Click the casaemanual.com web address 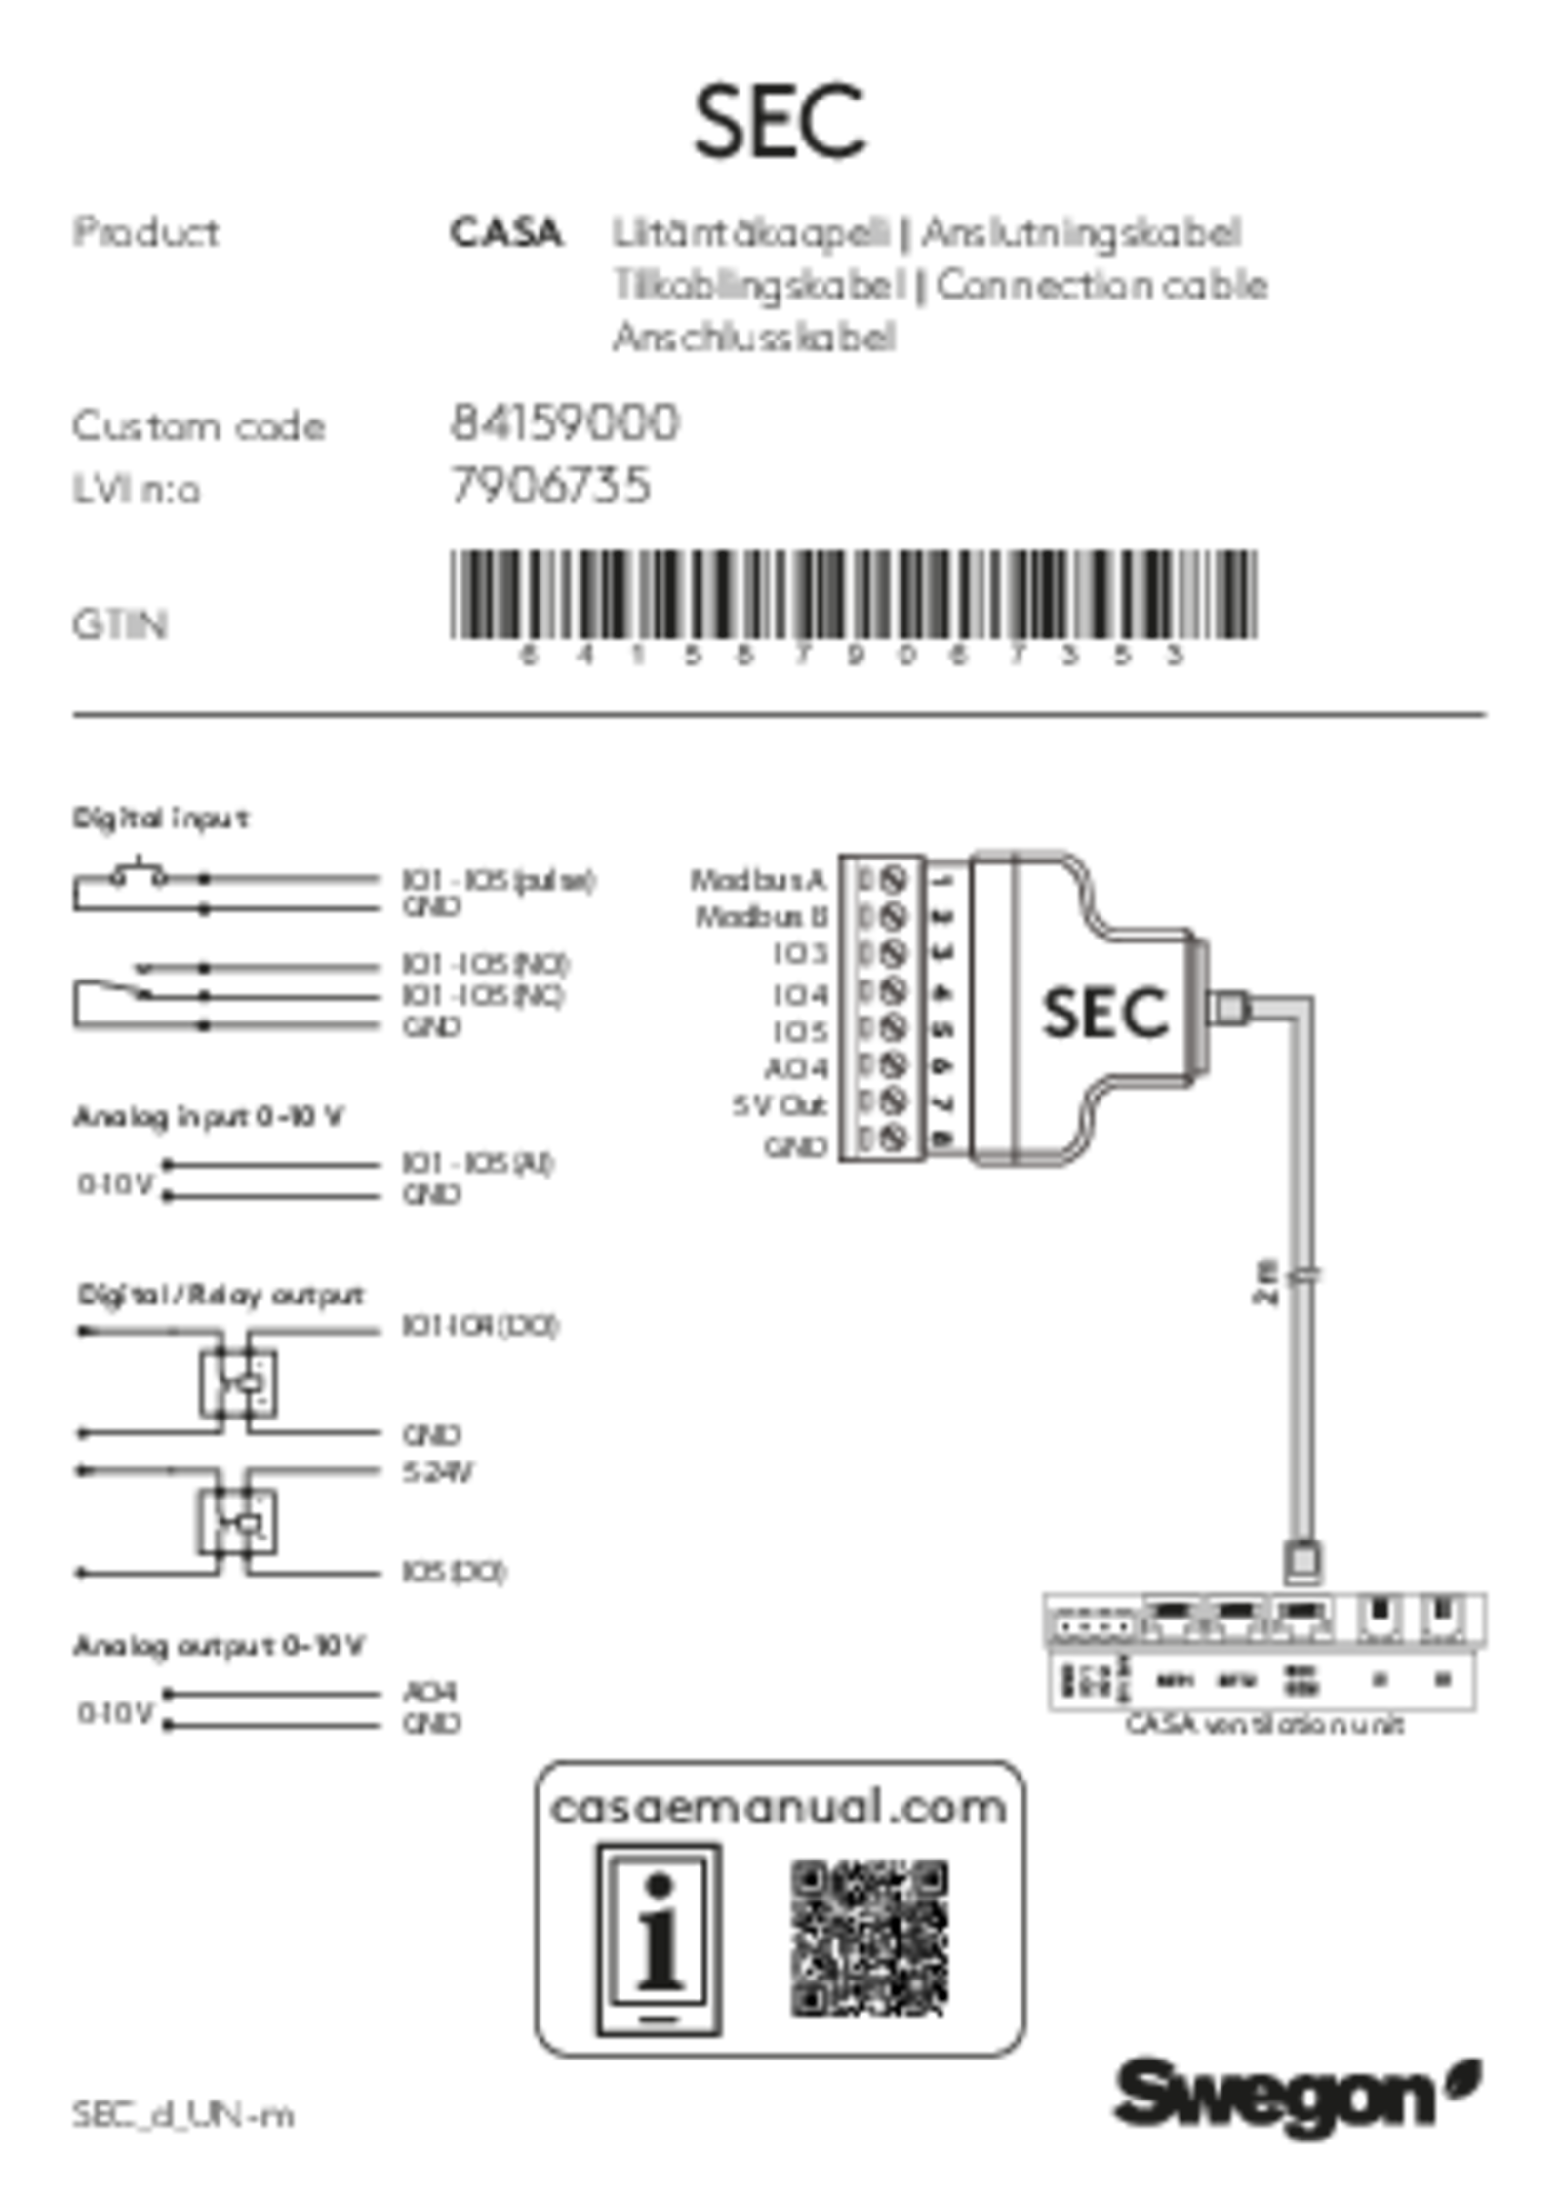(779, 1808)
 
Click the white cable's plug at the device (1231, 1009)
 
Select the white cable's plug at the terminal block (1303, 1560)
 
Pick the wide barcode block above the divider (854, 595)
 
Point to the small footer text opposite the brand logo (182, 2116)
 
